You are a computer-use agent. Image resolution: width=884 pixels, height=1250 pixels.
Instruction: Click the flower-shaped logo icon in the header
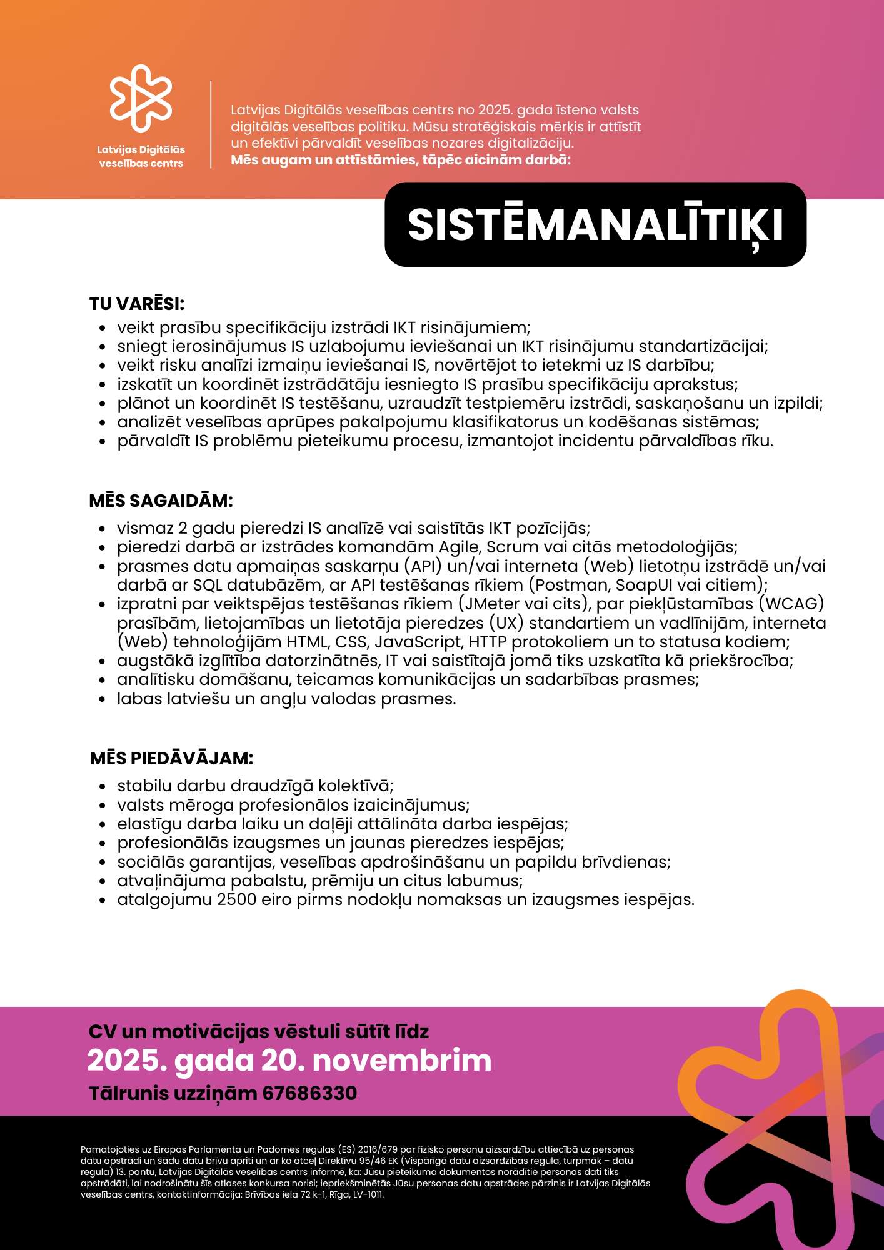(x=141, y=98)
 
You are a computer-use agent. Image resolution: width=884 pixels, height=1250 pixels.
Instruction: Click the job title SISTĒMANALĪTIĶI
(x=595, y=224)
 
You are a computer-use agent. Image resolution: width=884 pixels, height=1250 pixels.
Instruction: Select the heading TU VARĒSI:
(x=137, y=304)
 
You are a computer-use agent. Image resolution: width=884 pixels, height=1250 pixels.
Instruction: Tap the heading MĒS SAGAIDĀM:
(x=161, y=501)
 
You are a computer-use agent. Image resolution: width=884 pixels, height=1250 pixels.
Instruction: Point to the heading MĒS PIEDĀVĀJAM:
(x=171, y=758)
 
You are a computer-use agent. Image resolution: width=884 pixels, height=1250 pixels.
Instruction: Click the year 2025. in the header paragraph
(x=495, y=110)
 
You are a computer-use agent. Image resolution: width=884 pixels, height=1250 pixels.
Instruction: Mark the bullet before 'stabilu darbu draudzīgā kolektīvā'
(x=103, y=787)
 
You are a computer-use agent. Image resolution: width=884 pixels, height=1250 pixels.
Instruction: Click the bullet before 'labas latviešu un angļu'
(x=103, y=699)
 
